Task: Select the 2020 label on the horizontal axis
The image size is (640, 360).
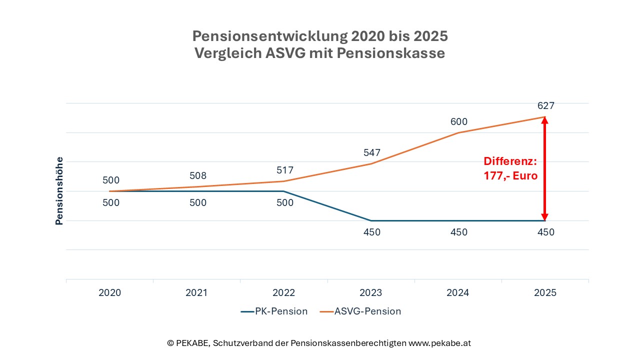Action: pos(110,293)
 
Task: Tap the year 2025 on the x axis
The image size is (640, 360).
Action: pos(545,293)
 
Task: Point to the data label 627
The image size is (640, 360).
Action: pos(545,105)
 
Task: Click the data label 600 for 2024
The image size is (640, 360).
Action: pos(458,122)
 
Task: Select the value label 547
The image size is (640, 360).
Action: pos(371,153)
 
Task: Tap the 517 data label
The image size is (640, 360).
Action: pos(284,170)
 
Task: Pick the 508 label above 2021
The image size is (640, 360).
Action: pos(197,176)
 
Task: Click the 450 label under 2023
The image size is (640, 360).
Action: pos(371,232)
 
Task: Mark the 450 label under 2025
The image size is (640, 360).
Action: pos(545,232)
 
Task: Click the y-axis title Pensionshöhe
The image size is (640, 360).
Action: pos(59,191)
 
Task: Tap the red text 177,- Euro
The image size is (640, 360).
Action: pos(510,176)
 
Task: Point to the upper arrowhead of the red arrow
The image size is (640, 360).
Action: pos(545,120)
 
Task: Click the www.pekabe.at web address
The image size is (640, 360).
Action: pos(439,343)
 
